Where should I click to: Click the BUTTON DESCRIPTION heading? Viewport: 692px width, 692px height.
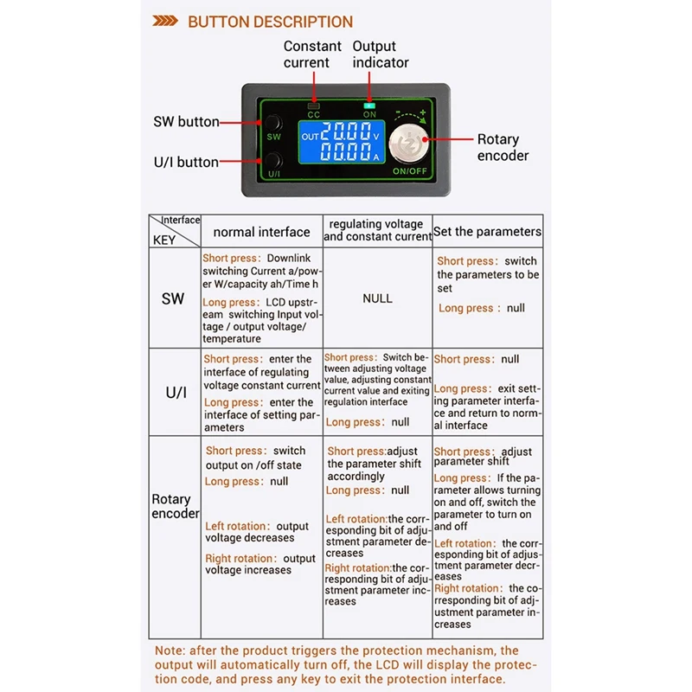point(270,22)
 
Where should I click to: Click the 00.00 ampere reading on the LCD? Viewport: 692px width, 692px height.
point(346,154)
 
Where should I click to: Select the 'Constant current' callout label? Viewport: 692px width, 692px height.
point(306,54)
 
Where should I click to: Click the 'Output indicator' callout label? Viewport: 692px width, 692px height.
point(380,54)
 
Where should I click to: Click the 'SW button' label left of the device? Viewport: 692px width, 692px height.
point(186,122)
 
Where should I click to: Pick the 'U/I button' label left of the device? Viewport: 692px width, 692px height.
point(186,162)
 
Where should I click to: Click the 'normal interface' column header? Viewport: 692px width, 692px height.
point(261,232)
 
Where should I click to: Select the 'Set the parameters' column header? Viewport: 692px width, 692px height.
point(488,232)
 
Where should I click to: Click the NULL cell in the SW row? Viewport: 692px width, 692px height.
point(377,298)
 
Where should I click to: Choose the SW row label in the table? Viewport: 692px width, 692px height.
point(173,298)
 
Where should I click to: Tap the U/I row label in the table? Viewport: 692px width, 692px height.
point(175,392)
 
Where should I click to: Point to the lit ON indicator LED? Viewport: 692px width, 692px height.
point(370,105)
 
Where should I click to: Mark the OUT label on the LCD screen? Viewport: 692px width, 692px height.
point(310,137)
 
